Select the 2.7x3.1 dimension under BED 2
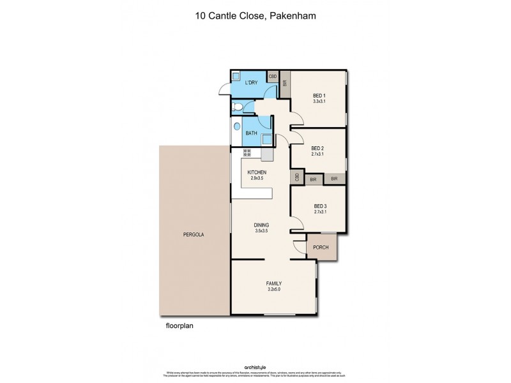[317, 154]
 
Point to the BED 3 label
[320, 206]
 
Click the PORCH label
[321, 248]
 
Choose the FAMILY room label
[274, 283]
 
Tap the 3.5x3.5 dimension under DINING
[261, 232]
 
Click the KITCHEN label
[257, 172]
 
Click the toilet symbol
[237, 107]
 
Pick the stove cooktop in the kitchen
[247, 153]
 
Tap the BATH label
[251, 133]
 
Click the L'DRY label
[252, 83]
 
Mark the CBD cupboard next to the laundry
[272, 77]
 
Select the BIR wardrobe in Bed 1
[285, 83]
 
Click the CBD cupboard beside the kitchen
[297, 178]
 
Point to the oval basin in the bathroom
[237, 127]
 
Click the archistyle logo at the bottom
[255, 367]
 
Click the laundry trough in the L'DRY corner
[236, 75]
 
